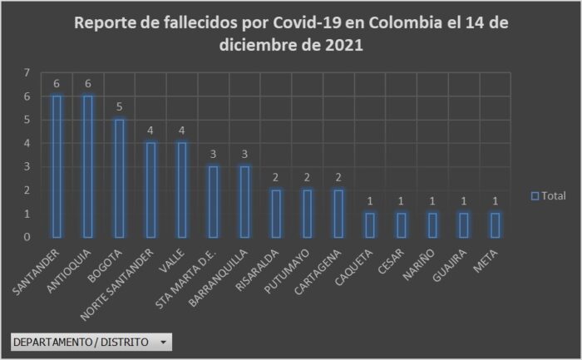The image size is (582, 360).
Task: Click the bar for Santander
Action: (57, 166)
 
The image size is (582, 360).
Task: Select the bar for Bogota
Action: (120, 178)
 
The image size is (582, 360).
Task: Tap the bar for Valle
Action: (182, 190)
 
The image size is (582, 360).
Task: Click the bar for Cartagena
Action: (338, 213)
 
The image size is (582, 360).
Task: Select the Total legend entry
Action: (549, 195)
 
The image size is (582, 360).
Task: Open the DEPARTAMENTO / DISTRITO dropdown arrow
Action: (164, 342)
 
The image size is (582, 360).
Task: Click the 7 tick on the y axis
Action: (27, 73)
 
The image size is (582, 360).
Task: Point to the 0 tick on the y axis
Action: (27, 237)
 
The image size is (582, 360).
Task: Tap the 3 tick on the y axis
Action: (27, 166)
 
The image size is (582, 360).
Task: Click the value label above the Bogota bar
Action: (120, 107)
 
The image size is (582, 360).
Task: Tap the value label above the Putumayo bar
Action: (307, 178)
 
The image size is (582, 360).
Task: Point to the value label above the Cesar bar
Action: (401, 201)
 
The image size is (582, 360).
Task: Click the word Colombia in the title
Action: (396, 22)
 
